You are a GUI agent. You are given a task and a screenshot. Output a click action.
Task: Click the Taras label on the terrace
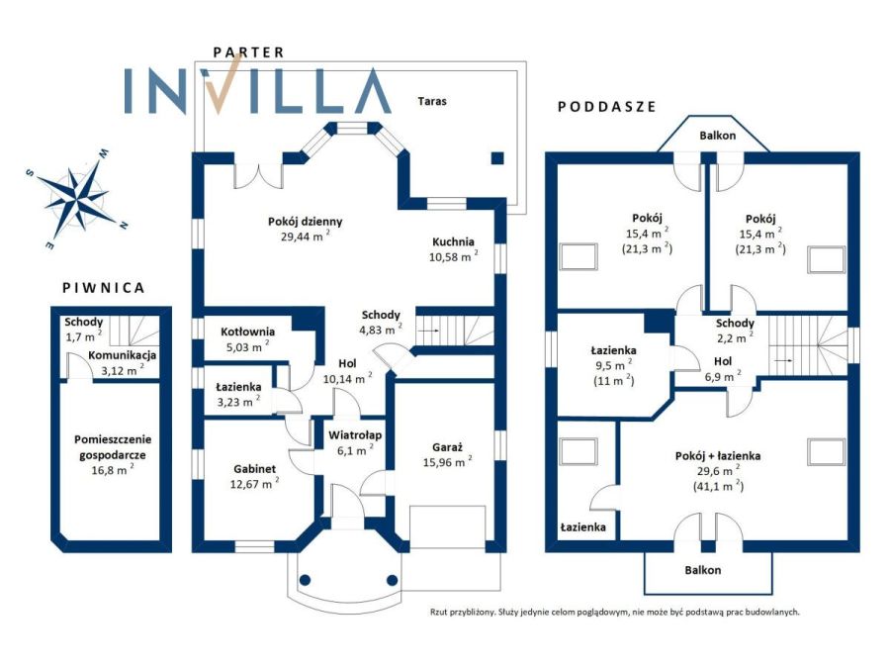point(432,101)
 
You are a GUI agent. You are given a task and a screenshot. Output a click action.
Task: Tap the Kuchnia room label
point(453,241)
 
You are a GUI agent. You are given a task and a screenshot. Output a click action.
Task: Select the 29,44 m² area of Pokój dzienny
point(306,236)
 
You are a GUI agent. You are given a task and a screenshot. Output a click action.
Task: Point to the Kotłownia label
point(247,332)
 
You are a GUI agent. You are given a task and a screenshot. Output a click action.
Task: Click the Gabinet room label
point(255,469)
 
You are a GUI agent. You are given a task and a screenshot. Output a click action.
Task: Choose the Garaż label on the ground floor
point(447,447)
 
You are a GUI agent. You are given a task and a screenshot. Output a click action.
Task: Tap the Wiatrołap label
point(355,435)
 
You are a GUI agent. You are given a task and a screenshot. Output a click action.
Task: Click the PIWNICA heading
point(103,288)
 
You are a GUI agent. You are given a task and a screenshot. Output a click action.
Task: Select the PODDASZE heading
point(607,106)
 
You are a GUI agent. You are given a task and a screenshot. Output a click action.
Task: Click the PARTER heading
point(248,52)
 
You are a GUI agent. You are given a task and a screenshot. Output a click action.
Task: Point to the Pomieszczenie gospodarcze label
point(113,447)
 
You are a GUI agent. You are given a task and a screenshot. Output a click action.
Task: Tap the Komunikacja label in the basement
point(122,355)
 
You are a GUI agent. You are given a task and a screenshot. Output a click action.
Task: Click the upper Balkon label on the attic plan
point(718,136)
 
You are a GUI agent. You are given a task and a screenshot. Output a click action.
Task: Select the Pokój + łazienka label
point(718,455)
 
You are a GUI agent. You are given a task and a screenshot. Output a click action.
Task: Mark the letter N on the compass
point(123,226)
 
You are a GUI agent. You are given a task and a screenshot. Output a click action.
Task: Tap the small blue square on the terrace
point(497,158)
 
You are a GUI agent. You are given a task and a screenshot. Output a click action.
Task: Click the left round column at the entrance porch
point(305,580)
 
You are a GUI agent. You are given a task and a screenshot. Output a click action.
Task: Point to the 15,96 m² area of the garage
point(447,461)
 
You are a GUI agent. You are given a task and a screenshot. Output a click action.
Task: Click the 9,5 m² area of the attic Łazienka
point(613,365)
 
